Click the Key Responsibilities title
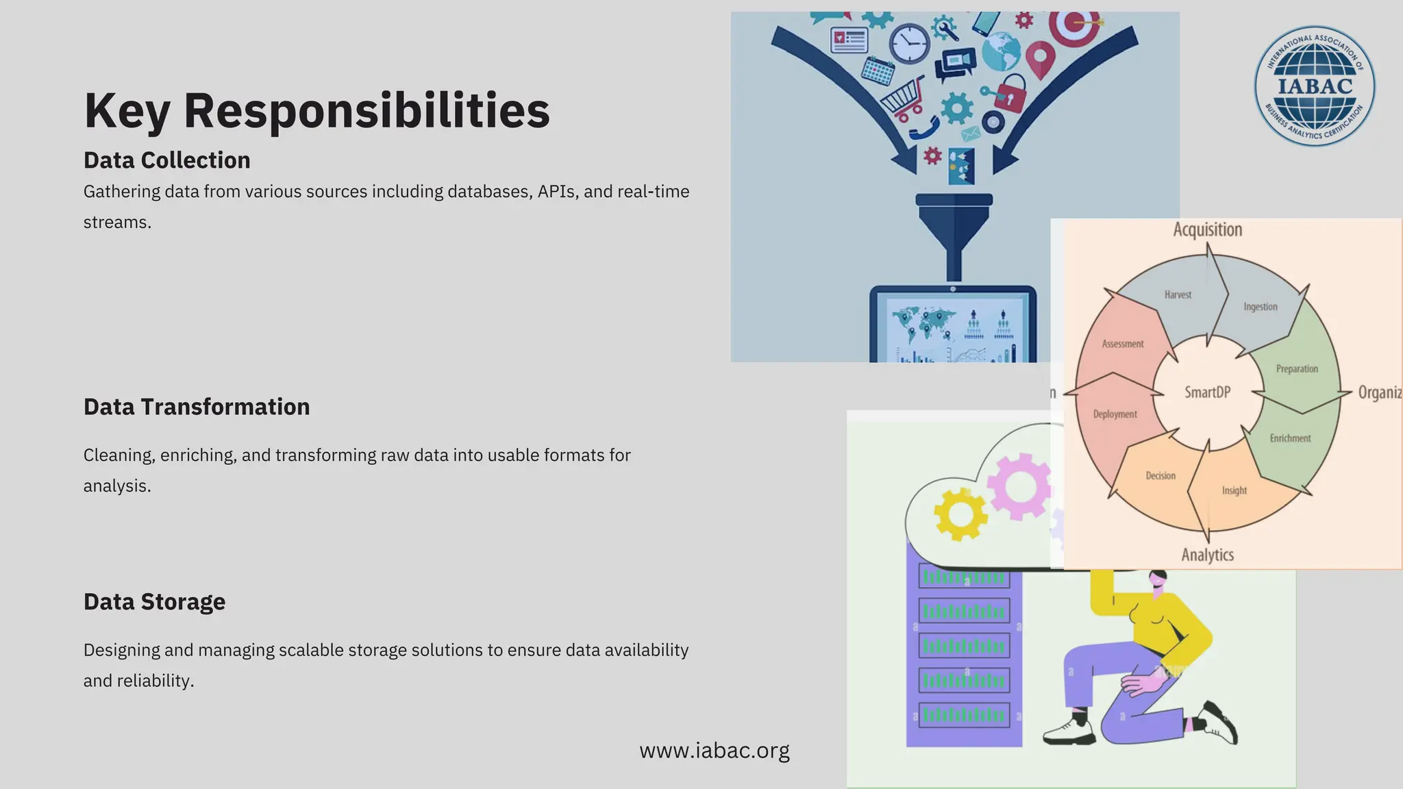tap(316, 110)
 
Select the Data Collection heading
tap(166, 160)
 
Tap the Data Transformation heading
tap(196, 407)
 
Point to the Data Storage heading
tap(154, 602)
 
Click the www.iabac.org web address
tap(714, 751)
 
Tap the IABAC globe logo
tap(1314, 86)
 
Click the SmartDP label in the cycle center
tap(1207, 392)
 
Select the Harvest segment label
tap(1178, 295)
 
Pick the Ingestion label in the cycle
tap(1260, 307)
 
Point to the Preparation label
tap(1296, 369)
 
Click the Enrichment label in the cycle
tap(1290, 438)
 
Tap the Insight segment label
tap(1234, 491)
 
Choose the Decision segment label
tap(1160, 476)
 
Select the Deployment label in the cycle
tap(1115, 414)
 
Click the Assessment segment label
tap(1122, 345)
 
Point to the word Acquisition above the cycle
tap(1207, 230)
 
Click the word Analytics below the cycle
tap(1207, 555)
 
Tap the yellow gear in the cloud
tap(960, 514)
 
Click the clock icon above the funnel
tap(909, 43)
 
